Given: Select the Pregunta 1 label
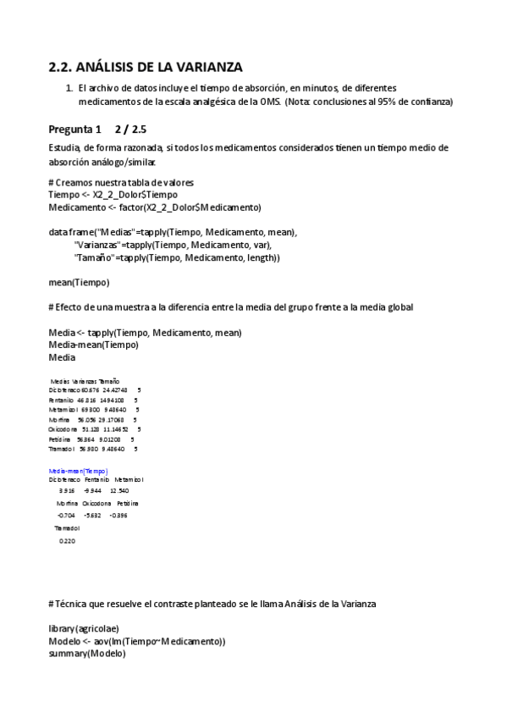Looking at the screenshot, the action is (x=74, y=130).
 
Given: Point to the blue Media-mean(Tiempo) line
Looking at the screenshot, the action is (x=79, y=470).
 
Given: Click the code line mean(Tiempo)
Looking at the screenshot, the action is (x=79, y=282).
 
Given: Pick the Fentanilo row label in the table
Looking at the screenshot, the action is (x=62, y=400).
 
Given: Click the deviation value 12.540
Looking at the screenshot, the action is (x=119, y=490).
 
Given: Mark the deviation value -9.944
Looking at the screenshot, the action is (x=92, y=490).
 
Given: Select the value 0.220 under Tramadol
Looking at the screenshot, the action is (x=67, y=541).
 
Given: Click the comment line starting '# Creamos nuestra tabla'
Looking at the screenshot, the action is (x=121, y=182).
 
